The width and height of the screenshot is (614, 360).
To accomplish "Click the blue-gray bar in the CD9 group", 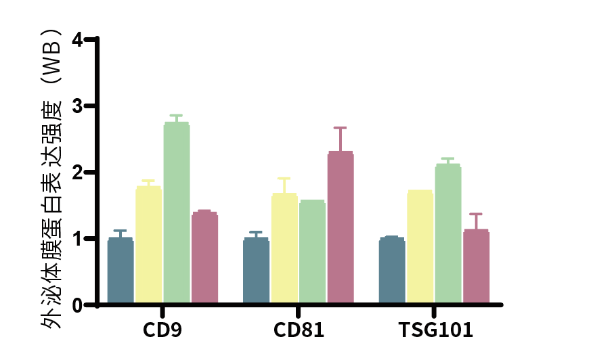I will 120,271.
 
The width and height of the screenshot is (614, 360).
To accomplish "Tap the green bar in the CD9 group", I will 177,213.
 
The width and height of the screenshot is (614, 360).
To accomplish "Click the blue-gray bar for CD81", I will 256,271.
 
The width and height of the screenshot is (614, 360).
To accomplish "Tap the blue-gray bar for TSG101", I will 392,271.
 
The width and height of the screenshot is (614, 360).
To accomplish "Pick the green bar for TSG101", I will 447,234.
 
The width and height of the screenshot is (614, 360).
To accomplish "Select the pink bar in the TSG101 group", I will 476,267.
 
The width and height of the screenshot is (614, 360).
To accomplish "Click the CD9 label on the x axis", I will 162,330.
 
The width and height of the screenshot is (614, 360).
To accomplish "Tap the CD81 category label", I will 299,330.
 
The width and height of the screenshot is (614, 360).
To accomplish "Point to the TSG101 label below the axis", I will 435,330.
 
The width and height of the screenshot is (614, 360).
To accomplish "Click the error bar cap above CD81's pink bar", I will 340,128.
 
